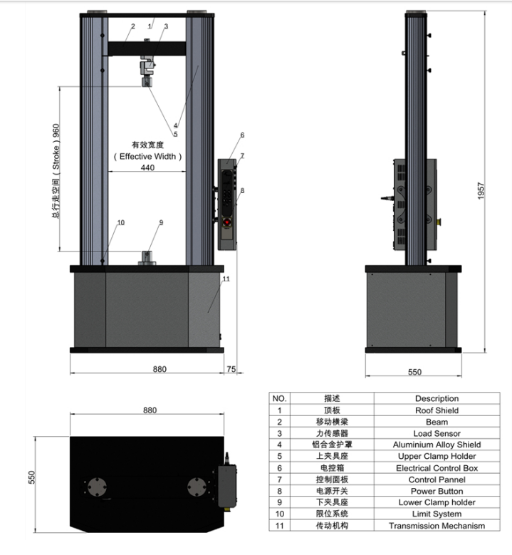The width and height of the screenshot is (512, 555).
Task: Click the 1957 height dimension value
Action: point(481,191)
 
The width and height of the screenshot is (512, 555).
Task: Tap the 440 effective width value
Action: point(147,167)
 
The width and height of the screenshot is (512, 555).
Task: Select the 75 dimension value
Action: point(231,369)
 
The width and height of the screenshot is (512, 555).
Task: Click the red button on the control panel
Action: point(226,222)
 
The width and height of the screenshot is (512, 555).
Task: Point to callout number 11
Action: point(226,279)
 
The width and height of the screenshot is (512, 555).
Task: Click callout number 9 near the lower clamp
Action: point(161,222)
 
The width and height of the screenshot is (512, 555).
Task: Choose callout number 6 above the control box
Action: point(242,135)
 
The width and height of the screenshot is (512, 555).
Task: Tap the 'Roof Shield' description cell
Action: point(437,410)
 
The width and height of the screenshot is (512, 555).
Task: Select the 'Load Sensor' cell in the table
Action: point(437,433)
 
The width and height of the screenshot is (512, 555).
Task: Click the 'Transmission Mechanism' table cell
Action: point(437,526)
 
